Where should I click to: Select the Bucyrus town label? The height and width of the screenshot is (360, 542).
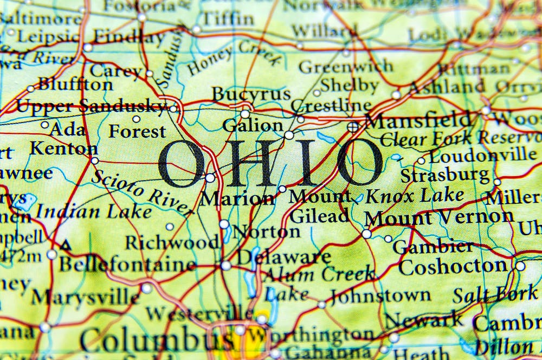pyautogui.click(x=251, y=94)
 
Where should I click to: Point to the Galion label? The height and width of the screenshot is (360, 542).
pyautogui.click(x=253, y=125)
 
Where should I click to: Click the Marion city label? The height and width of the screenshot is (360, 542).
pyautogui.click(x=237, y=198)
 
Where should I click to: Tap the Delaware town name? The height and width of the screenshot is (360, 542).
pyautogui.click(x=284, y=256)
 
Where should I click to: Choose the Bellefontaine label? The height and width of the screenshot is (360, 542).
pyautogui.click(x=127, y=265)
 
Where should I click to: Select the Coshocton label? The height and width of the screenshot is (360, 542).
pyautogui.click(x=453, y=267)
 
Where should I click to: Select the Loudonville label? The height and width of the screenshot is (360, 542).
pyautogui.click(x=482, y=156)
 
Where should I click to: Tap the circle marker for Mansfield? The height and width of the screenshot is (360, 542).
pyautogui.click(x=353, y=127)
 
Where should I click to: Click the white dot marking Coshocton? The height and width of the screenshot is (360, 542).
pyautogui.click(x=520, y=266)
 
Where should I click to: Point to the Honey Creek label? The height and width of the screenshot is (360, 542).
pyautogui.click(x=235, y=60)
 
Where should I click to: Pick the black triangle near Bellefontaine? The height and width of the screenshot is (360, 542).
pyautogui.click(x=66, y=246)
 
